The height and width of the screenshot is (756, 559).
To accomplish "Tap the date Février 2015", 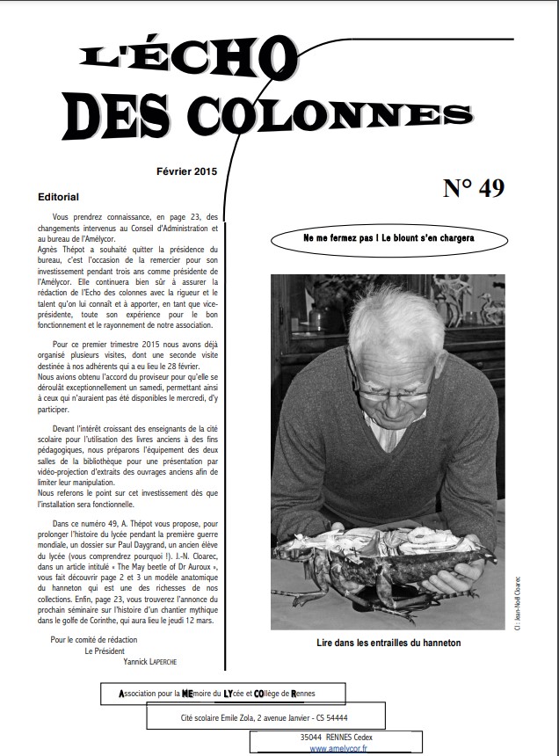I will point(186,171).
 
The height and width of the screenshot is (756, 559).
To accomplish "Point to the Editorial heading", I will point(59,197).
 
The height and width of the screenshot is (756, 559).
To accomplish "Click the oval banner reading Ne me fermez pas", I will point(388,238).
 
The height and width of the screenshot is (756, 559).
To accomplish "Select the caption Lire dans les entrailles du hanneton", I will point(388,643).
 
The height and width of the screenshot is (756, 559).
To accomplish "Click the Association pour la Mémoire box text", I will point(223,694).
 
